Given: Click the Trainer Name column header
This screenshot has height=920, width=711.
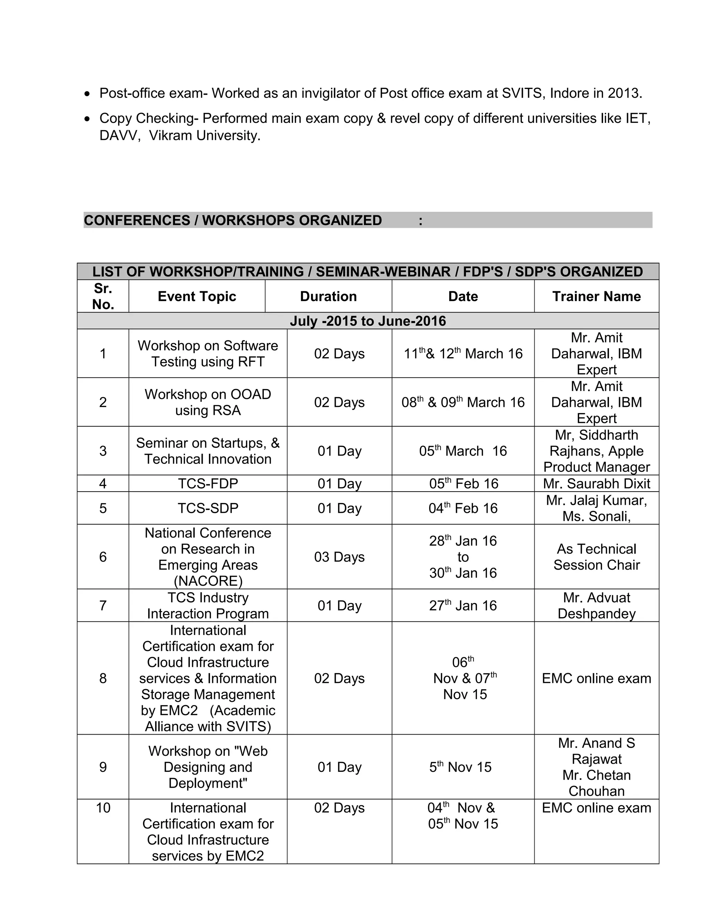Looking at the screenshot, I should [x=596, y=296].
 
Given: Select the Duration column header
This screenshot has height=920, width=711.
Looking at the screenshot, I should [x=328, y=296].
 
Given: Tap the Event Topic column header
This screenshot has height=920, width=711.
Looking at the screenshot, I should [x=197, y=296].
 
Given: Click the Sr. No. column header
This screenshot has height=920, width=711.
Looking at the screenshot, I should [x=103, y=296].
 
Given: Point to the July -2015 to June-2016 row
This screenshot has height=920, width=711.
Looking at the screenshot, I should [x=367, y=321].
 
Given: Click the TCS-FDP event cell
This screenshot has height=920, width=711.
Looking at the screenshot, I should [x=208, y=483].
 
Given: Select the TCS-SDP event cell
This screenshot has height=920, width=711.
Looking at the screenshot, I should [x=208, y=508].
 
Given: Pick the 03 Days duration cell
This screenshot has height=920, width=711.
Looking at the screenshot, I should [x=339, y=557].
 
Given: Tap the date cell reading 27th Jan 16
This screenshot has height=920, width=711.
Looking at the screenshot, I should [x=463, y=605].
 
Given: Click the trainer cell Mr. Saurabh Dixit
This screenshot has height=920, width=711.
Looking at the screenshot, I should [x=596, y=483].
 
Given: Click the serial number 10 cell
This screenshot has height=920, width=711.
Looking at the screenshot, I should [x=103, y=808].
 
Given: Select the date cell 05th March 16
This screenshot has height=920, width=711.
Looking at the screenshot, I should [x=463, y=451].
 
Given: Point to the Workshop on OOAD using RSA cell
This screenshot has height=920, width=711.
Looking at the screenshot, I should [x=208, y=402].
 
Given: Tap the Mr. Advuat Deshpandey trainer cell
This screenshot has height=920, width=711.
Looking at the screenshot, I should [x=596, y=605].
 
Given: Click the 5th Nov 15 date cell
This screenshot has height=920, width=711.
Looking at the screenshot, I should [x=460, y=767].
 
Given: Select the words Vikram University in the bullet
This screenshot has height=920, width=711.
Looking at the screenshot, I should [x=205, y=136].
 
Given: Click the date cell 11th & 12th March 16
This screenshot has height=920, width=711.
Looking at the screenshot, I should [x=463, y=353].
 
